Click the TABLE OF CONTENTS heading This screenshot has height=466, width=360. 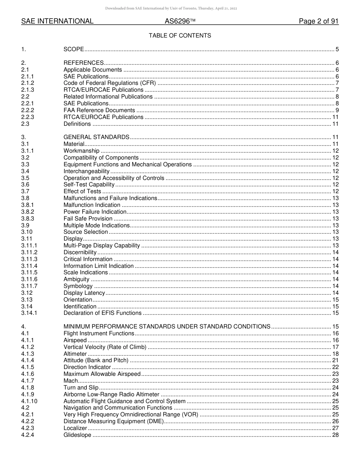pos(180,36)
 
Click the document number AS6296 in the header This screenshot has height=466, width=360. pos(177,21)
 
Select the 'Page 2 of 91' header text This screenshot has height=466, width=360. pos(318,21)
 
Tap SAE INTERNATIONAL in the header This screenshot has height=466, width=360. pos(57,21)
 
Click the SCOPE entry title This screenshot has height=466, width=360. pos(74,49)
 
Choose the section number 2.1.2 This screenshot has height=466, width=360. pos(28,83)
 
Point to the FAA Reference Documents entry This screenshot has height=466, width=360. pos(99,110)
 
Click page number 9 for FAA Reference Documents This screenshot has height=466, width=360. pos(337,110)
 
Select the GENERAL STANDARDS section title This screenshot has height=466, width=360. pos(96,137)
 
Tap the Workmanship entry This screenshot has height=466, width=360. pos(81,151)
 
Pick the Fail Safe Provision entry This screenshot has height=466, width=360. pos(88,219)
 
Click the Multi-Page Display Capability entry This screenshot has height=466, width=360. pos(102,246)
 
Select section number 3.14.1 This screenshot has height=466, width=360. pos(29,313)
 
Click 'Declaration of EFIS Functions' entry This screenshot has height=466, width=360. pos(102,313)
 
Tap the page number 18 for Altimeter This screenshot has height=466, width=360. pos(335,354)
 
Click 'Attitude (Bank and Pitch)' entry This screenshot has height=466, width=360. pos(96,360)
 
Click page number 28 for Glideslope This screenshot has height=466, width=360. pos(335,435)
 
